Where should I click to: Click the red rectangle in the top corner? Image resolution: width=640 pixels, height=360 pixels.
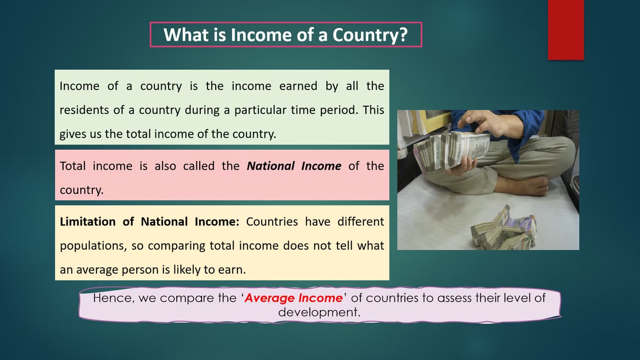pyautogui.click(x=566, y=29)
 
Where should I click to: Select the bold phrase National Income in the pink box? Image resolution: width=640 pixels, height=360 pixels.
pyautogui.click(x=294, y=166)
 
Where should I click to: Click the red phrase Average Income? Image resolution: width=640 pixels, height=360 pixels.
pyautogui.click(x=293, y=298)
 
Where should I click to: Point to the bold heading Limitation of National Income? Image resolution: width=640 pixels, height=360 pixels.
pyautogui.click(x=150, y=222)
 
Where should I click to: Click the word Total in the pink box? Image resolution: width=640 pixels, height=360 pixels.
pyautogui.click(x=73, y=166)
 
